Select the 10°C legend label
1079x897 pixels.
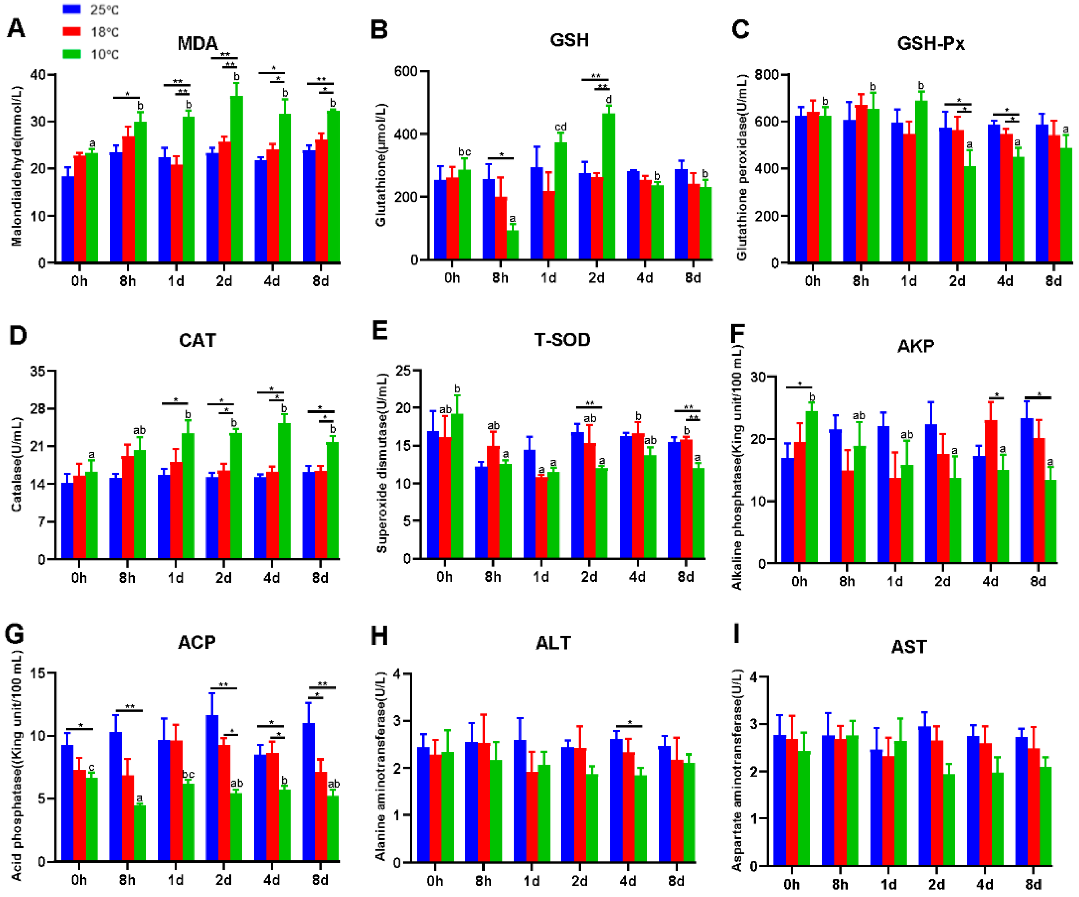105,55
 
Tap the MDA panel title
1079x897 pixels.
198,44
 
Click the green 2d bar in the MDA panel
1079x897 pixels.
236,180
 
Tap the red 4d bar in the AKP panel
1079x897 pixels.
991,492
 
